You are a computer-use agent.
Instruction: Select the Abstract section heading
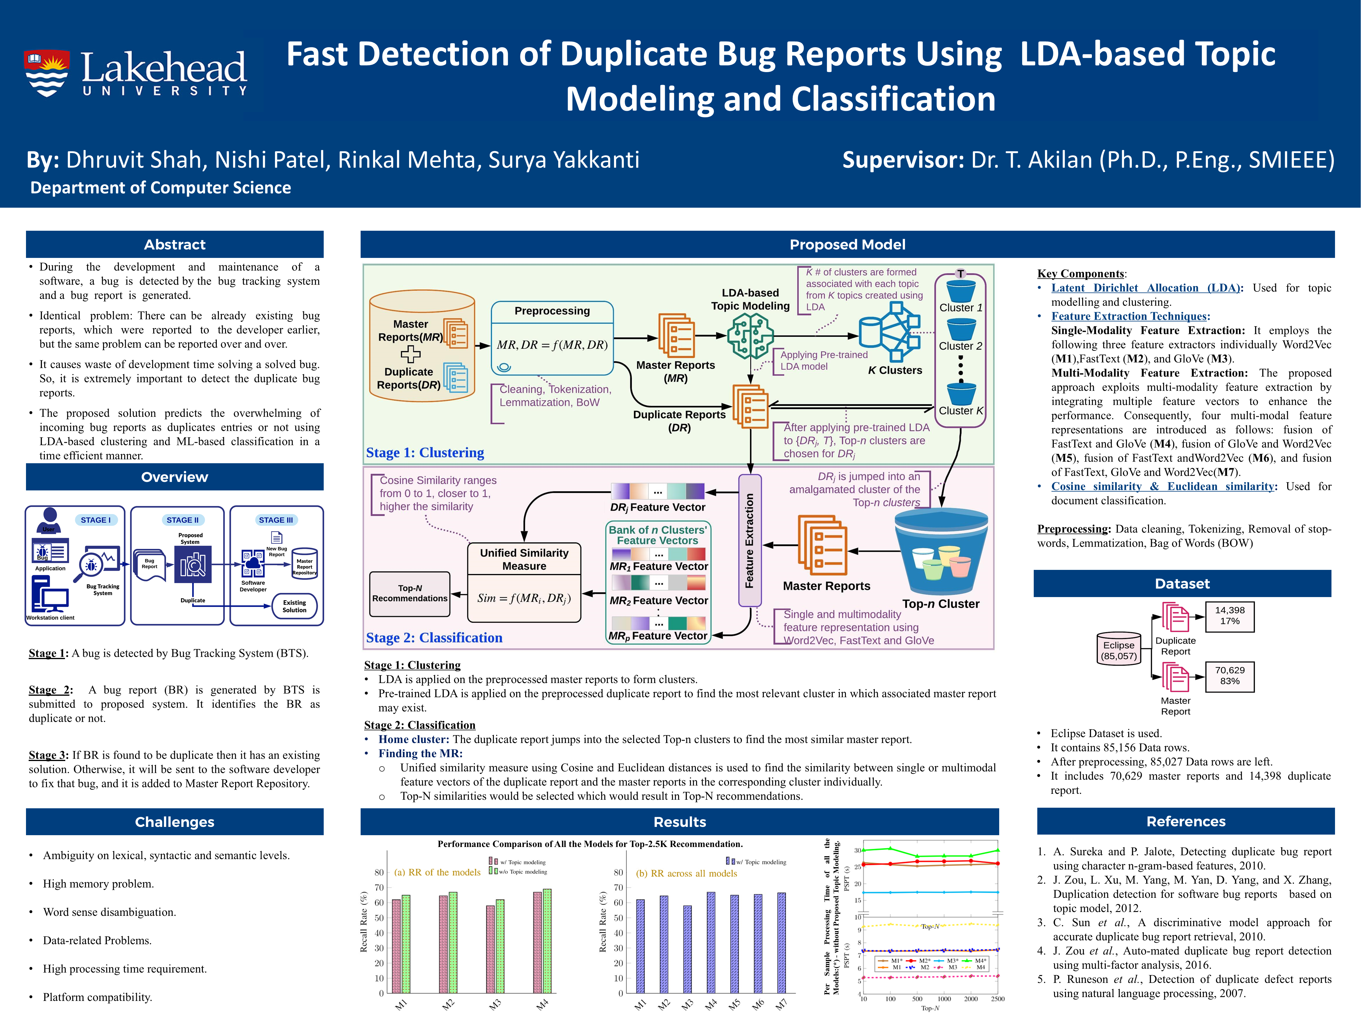pyautogui.click(x=175, y=244)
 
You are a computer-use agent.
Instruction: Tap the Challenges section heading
pyautogui.click(x=175, y=822)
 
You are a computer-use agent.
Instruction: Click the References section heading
pyautogui.click(x=1186, y=821)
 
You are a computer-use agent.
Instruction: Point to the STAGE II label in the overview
pyautogui.click(x=182, y=520)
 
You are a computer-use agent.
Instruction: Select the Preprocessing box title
pyautogui.click(x=552, y=311)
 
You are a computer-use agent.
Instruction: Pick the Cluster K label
pyautogui.click(x=960, y=410)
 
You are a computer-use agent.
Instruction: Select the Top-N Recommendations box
pyautogui.click(x=410, y=593)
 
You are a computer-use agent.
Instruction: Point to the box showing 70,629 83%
pyautogui.click(x=1229, y=676)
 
